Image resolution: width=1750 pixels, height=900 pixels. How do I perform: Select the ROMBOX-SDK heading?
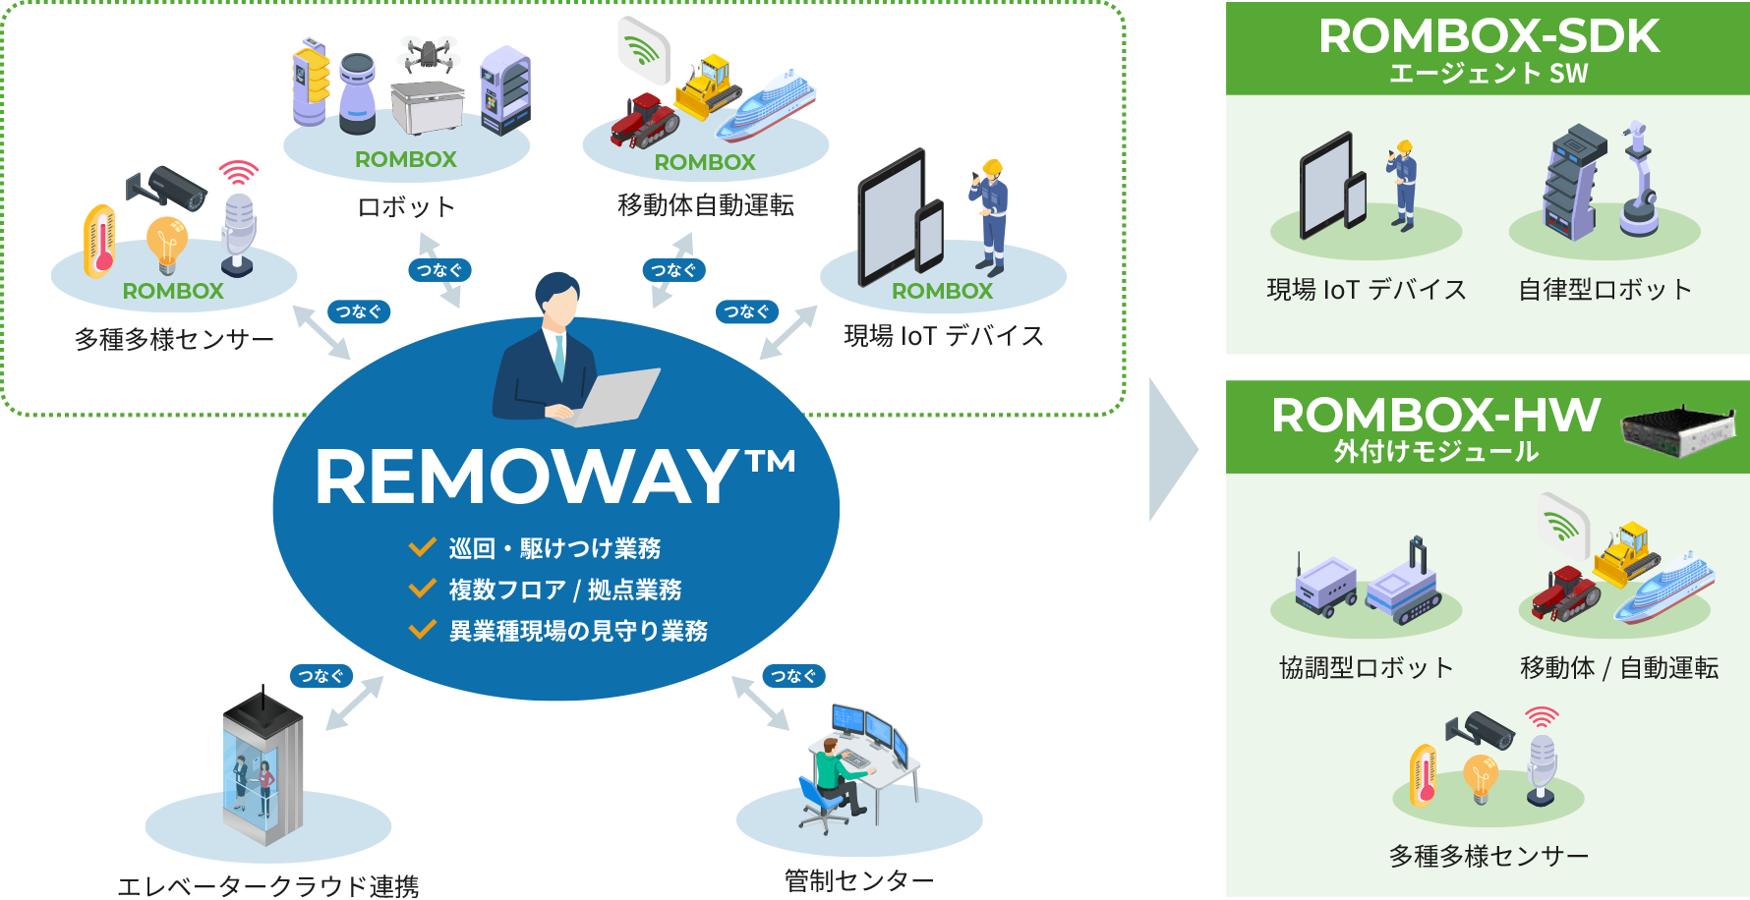pos(1488,36)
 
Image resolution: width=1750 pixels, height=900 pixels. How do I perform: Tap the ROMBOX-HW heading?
pos(1435,416)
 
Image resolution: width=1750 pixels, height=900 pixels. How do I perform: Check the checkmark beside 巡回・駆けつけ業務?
pos(423,547)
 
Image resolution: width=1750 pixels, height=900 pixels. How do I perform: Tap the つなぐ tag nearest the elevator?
pos(321,676)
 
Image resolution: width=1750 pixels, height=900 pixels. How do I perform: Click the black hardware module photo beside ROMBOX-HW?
pos(1677,431)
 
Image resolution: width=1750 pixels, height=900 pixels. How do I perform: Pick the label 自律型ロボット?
pos(1604,290)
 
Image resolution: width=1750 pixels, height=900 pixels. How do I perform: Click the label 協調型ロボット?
pos(1366,668)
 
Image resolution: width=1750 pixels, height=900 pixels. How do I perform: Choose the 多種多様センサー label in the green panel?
pos(1488,857)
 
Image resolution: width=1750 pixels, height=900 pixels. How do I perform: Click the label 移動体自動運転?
pos(705,205)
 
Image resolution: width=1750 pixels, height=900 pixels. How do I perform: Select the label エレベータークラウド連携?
pos(267,886)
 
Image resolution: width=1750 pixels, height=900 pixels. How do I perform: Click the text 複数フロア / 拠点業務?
pos(564,590)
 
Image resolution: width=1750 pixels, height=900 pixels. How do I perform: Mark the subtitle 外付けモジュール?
pos(1435,452)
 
